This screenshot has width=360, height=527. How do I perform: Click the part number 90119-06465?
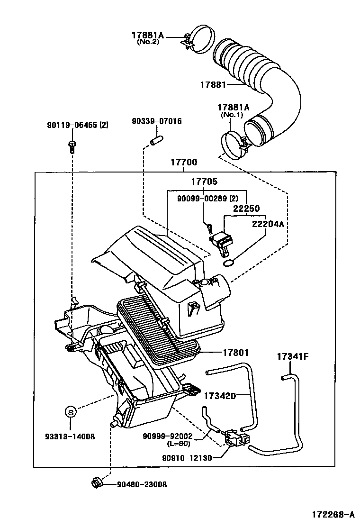click(72, 125)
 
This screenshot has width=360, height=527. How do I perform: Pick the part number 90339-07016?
click(156, 122)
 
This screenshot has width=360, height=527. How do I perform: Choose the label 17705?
click(204, 182)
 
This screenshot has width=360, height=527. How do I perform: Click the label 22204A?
click(268, 225)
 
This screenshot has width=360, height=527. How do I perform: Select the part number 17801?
click(235, 353)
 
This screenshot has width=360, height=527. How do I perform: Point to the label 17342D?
click(220, 395)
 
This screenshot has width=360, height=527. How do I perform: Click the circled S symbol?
click(70, 412)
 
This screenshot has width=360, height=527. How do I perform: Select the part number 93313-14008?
click(71, 436)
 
